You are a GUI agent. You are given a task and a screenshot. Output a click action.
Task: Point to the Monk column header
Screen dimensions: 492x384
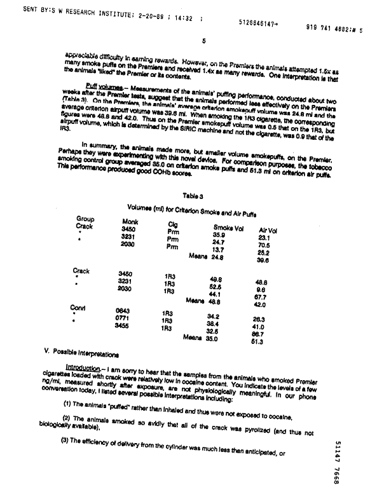(130, 221)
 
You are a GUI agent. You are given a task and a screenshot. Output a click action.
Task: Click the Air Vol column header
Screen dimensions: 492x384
(268, 230)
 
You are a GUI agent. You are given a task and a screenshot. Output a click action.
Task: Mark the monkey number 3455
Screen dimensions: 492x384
(123, 325)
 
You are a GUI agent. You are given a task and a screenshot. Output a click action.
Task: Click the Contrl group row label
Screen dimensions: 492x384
(78, 308)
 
